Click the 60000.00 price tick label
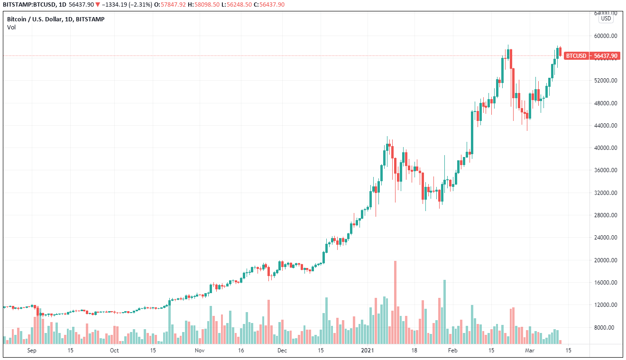coord(606,36)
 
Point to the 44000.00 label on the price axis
coord(606,126)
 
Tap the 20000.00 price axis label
coord(606,260)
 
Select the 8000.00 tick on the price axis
coord(608,328)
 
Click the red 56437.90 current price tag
coord(606,56)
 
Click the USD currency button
coord(606,18)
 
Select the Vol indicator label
coord(12,27)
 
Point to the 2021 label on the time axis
coord(368,351)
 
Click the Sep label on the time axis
coord(32,351)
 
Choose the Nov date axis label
coord(199,351)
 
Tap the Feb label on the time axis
coord(453,351)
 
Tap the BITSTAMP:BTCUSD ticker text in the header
coord(28,4)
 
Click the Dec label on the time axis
coord(282,351)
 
